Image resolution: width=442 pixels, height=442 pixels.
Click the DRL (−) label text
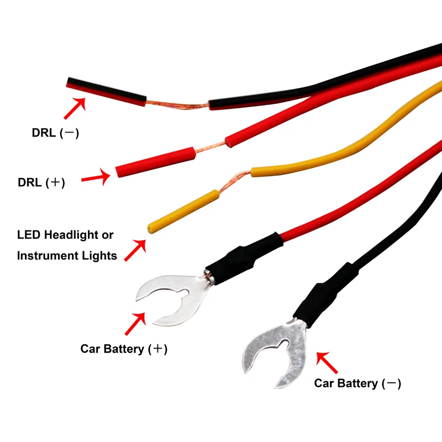[55, 133]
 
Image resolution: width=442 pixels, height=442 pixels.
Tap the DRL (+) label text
[41, 182]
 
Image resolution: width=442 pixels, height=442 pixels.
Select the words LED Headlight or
[65, 235]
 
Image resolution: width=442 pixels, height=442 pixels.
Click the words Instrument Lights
[67, 255]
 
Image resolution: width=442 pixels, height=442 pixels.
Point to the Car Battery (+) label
[124, 349]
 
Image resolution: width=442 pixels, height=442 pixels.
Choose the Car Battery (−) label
[357, 383]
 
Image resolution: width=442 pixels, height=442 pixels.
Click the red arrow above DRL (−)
[75, 108]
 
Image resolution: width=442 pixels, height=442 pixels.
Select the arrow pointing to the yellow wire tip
[135, 250]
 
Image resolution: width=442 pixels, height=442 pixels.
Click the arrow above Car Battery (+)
[136, 324]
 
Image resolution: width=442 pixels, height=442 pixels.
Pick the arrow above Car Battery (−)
[327, 361]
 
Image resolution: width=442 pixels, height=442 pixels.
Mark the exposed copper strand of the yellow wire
[235, 180]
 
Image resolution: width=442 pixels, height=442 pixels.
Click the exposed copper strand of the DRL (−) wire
[177, 105]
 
